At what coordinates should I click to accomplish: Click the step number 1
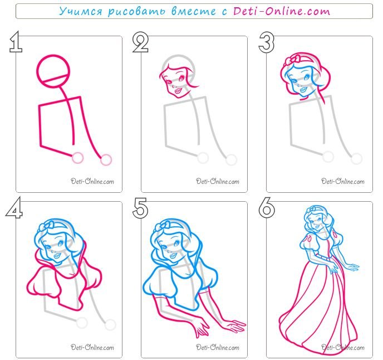[16, 42]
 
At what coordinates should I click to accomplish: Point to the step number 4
[14, 207]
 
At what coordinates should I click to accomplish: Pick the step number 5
[140, 208]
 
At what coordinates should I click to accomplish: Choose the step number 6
[267, 208]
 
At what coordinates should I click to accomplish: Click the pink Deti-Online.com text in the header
[281, 11]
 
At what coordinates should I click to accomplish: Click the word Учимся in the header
[81, 12]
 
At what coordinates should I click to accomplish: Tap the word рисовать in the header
[136, 12]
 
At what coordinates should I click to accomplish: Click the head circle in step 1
[53, 56]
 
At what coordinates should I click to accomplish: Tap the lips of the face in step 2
[178, 91]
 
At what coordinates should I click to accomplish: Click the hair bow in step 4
[47, 226]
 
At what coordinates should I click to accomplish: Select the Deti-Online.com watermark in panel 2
[218, 181]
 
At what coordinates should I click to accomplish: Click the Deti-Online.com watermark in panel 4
[92, 347]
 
